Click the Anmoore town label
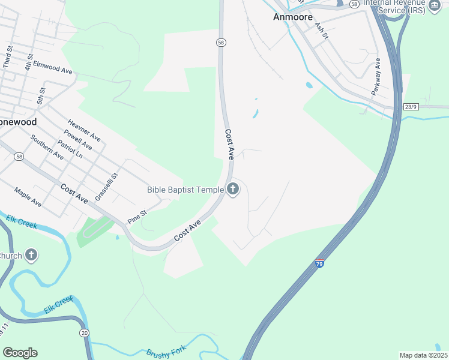[x=292, y=17]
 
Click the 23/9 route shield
[x=411, y=107]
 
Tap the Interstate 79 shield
[x=319, y=263]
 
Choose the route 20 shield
[x=84, y=333]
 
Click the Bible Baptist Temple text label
[x=185, y=190]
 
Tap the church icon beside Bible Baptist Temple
[x=233, y=190]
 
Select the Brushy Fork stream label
[x=164, y=352]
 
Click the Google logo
[x=20, y=352]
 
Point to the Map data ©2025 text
[x=423, y=355]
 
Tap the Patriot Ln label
[x=70, y=149]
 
